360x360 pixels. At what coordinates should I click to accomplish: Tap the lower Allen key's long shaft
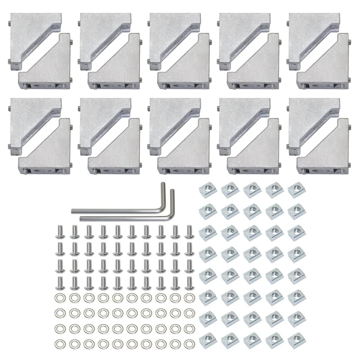[x=121, y=218]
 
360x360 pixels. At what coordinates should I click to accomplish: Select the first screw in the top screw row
[x=59, y=232]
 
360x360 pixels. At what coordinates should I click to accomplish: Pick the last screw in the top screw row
[x=189, y=232]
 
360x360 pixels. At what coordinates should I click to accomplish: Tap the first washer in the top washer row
[x=59, y=297]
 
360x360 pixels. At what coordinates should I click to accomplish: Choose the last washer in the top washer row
[x=189, y=297]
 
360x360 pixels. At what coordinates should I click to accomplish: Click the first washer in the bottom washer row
[x=59, y=344]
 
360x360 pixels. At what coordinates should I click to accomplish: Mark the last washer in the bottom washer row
[x=189, y=344]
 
